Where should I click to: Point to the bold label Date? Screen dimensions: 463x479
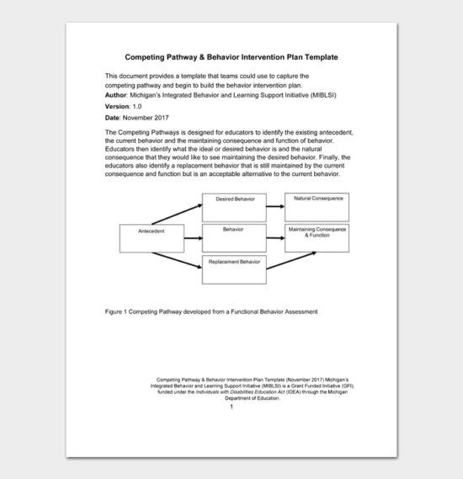[x=113, y=117]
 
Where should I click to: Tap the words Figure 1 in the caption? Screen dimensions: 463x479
[x=117, y=311]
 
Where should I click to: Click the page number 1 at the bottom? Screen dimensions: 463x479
[x=231, y=407]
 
